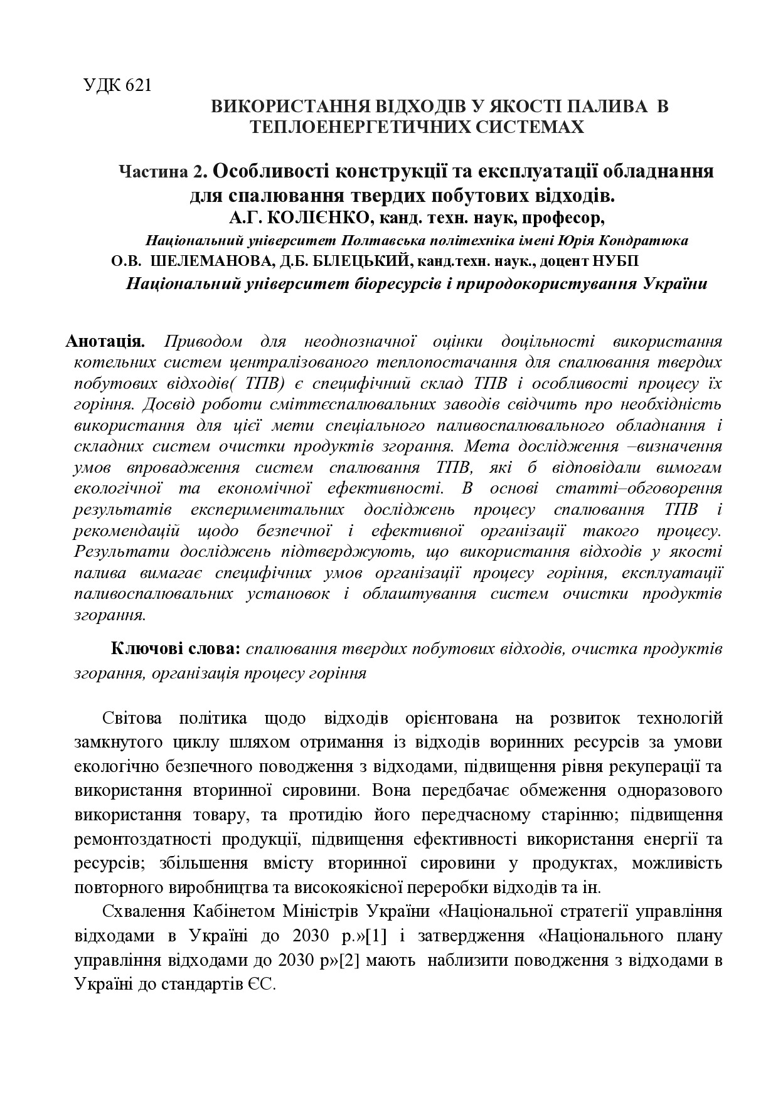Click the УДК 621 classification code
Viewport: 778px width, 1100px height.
[x=117, y=85]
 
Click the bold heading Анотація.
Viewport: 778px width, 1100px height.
[x=105, y=342]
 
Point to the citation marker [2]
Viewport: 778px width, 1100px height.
[x=351, y=960]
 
